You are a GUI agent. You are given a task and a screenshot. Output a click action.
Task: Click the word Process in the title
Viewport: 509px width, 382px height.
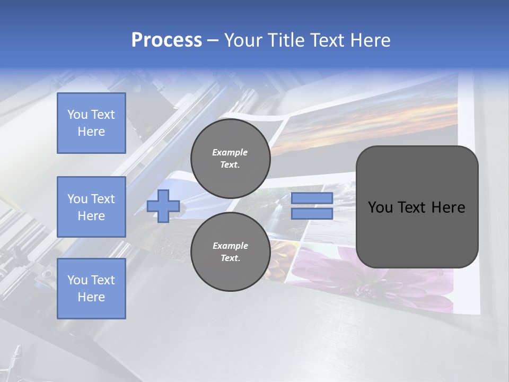(x=166, y=40)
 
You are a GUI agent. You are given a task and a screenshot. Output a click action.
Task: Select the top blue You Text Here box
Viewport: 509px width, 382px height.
(x=91, y=123)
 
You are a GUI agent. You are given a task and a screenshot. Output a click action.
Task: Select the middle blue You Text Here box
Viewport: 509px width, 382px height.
(x=91, y=207)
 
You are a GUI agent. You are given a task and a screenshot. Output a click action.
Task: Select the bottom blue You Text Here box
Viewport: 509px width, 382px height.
(x=91, y=288)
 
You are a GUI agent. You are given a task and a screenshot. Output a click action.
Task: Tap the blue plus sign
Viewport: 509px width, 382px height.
(x=163, y=206)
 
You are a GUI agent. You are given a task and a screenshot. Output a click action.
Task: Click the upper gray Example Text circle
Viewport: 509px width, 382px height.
(x=230, y=159)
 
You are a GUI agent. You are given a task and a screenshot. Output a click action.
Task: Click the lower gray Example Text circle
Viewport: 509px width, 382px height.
(x=230, y=251)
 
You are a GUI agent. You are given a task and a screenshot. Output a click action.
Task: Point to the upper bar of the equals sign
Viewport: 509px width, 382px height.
(x=312, y=198)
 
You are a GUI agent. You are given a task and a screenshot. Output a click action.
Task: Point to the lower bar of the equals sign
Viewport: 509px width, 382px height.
(x=312, y=214)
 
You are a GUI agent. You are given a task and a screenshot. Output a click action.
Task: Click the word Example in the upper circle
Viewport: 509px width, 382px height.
(x=230, y=152)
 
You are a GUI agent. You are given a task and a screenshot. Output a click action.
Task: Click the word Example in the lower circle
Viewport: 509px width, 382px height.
(x=230, y=246)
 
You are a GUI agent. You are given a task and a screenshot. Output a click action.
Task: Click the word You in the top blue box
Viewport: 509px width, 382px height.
(x=77, y=115)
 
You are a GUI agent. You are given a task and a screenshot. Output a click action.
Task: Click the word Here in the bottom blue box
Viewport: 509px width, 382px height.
(x=91, y=297)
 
